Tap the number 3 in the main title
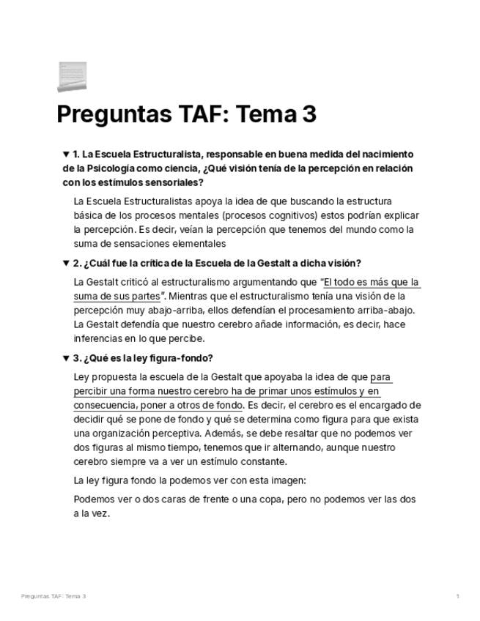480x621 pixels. (x=309, y=116)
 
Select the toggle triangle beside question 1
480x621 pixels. (x=66, y=155)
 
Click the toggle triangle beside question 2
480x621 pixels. (x=66, y=264)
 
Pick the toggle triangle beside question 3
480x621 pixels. (x=66, y=358)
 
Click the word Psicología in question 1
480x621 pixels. (x=111, y=168)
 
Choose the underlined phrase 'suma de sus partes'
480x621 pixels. (x=117, y=297)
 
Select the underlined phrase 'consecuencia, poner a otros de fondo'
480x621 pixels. (x=158, y=406)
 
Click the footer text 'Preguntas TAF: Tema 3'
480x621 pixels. (x=53, y=597)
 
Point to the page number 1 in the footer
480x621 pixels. (x=457, y=597)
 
